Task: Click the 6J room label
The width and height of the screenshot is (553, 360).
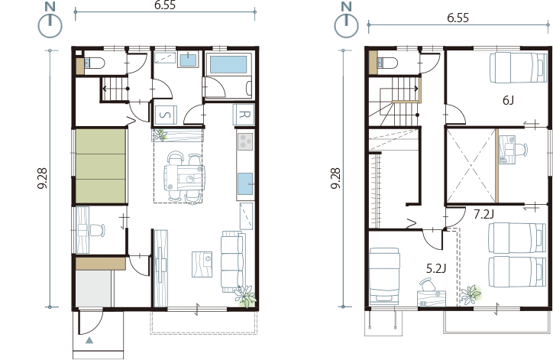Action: (x=508, y=101)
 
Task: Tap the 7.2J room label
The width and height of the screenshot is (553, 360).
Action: (x=483, y=214)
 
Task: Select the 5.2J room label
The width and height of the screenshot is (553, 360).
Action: (x=436, y=268)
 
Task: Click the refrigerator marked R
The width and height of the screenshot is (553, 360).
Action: (x=244, y=115)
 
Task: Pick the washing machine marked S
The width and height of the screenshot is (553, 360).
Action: (x=166, y=115)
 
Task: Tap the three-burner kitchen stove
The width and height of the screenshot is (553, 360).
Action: (x=246, y=141)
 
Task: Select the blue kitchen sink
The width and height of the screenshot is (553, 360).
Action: (x=245, y=183)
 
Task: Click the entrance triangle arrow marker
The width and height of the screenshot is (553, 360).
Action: (x=89, y=341)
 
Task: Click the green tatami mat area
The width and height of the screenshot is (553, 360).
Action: (x=101, y=166)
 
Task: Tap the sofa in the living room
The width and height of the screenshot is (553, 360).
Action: (x=232, y=261)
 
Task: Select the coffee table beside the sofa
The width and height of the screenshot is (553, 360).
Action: (x=202, y=264)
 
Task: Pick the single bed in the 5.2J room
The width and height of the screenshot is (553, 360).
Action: (x=384, y=276)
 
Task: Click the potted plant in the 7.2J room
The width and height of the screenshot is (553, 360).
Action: (x=471, y=295)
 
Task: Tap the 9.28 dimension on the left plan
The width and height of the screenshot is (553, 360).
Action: (x=43, y=178)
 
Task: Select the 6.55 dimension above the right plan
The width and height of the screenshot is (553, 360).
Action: (x=458, y=18)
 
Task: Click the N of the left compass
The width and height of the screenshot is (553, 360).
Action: (x=50, y=6)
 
